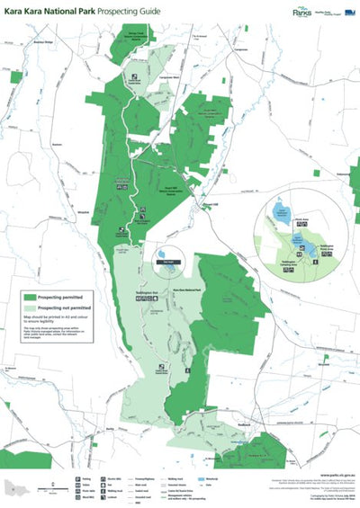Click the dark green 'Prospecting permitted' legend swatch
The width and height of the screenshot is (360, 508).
(x=29, y=296)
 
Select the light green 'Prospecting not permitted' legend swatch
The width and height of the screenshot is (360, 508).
(x=29, y=307)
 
